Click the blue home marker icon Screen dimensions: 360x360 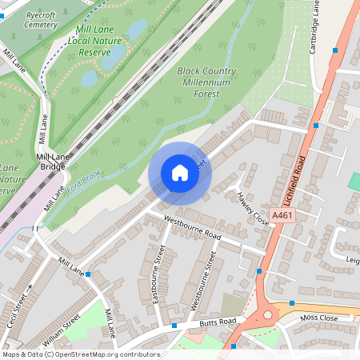click(180, 173)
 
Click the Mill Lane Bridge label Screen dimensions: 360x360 click(54, 162)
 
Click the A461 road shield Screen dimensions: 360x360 click(282, 216)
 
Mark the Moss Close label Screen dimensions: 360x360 click(320, 318)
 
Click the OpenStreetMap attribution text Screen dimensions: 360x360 click(80, 354)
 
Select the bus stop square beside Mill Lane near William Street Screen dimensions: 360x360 click(88, 274)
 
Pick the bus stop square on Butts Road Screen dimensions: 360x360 click(174, 326)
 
